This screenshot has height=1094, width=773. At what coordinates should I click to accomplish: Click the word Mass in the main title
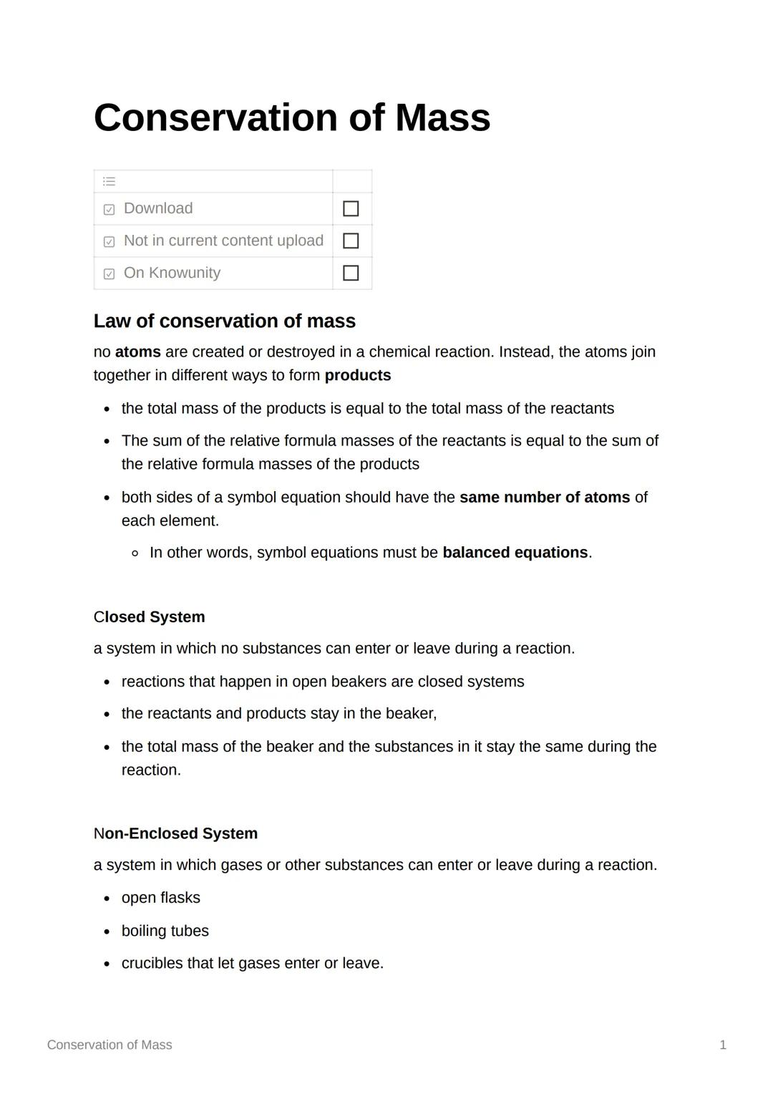click(x=442, y=117)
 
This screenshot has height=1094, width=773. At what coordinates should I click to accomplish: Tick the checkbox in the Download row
click(x=351, y=208)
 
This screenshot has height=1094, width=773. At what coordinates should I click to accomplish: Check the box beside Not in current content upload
click(x=351, y=241)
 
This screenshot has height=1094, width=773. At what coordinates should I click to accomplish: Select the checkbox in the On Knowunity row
click(x=351, y=273)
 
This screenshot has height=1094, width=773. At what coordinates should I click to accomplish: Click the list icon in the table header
click(x=109, y=181)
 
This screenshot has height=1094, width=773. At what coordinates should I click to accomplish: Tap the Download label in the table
click(x=158, y=208)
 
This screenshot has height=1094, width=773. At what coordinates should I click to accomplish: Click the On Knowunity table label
click(x=172, y=273)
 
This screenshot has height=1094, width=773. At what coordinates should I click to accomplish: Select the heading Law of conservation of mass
click(x=224, y=321)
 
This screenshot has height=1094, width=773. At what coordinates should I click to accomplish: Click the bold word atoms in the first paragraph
click(x=137, y=352)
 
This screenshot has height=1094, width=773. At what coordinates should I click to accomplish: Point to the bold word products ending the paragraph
click(x=357, y=376)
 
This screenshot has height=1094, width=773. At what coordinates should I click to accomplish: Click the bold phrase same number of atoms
click(x=544, y=498)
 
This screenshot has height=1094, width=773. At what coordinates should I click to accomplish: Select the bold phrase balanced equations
click(x=515, y=553)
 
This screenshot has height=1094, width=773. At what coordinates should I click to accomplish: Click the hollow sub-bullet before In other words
click(x=135, y=553)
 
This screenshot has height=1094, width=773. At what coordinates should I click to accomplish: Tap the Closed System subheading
click(x=149, y=617)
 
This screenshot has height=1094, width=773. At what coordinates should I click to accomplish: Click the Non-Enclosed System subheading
click(x=175, y=834)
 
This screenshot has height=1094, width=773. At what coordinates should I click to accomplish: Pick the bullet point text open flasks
click(x=160, y=898)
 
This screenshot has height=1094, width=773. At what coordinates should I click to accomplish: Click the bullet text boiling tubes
click(x=165, y=931)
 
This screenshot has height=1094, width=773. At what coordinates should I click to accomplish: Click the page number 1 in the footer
click(x=723, y=1045)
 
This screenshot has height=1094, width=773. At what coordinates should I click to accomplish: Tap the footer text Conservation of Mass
click(x=110, y=1045)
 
